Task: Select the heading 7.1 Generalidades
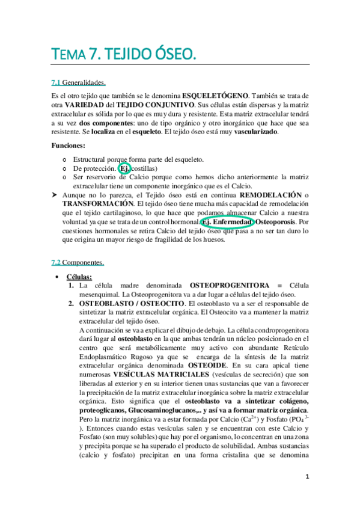pos(79,82)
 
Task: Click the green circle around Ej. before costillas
pos(124,169)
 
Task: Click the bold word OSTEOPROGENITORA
pos(229,284)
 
